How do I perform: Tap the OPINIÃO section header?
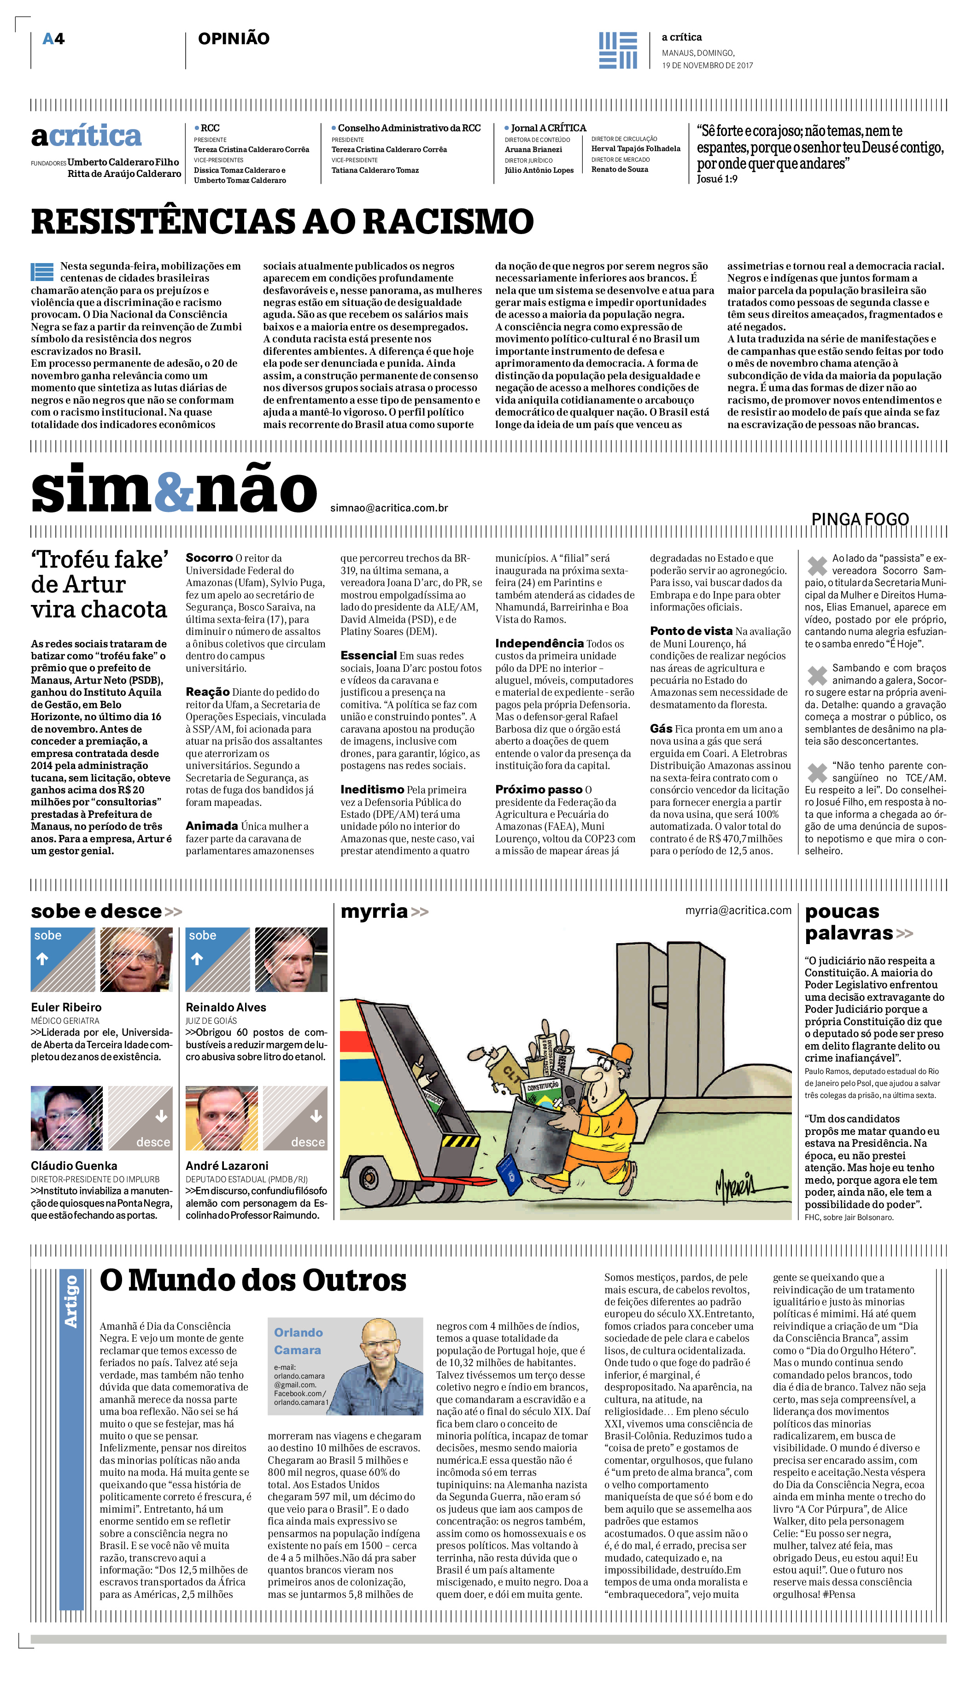point(233,39)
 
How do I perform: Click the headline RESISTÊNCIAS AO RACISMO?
point(282,222)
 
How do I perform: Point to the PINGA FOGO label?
point(860,519)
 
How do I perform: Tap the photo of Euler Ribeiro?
point(136,959)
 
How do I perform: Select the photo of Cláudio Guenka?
point(66,1118)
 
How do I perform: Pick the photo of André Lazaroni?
point(222,1118)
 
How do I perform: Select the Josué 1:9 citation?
point(717,179)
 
